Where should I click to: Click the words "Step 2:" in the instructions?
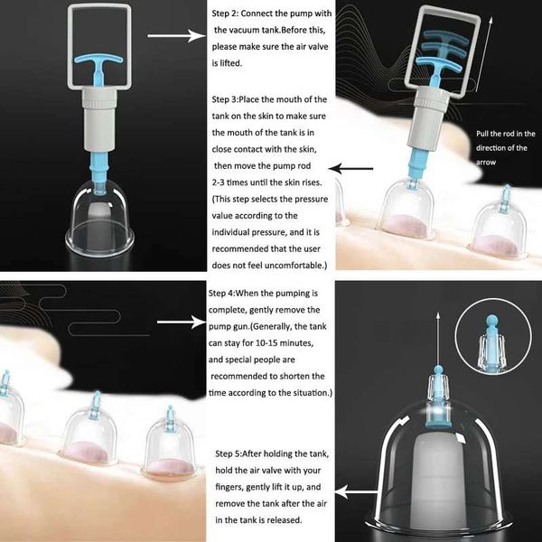tap(225, 14)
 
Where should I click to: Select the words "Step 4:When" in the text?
tap(228, 294)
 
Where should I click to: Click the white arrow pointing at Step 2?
tap(176, 35)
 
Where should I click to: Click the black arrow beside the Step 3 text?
tap(350, 169)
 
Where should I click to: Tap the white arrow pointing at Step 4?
tap(182, 322)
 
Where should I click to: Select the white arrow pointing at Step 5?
tap(356, 492)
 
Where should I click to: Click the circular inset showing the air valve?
tap(493, 337)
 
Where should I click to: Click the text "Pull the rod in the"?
tap(505, 134)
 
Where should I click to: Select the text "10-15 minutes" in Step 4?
tap(285, 343)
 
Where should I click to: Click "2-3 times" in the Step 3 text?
tap(229, 182)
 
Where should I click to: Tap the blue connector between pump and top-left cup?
tap(99, 169)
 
